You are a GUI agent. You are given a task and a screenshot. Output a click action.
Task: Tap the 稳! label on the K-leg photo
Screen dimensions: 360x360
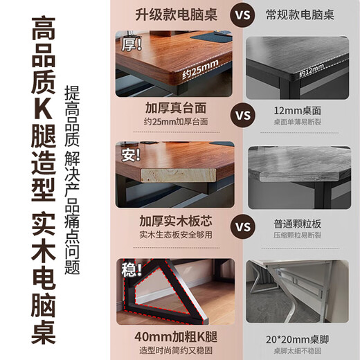point(131,267)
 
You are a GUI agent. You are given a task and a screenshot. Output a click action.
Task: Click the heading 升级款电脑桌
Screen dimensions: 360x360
point(177,14)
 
